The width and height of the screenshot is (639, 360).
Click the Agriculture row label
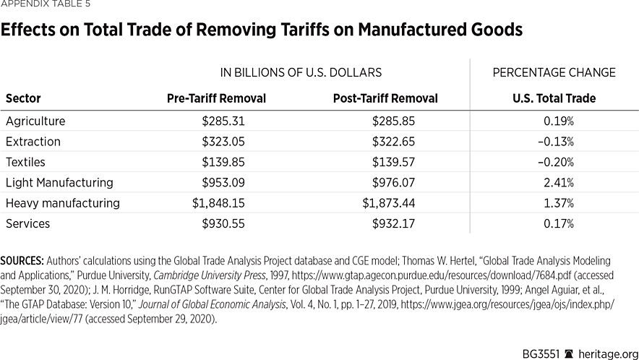(x=35, y=121)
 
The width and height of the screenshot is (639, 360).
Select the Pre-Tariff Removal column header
(x=216, y=98)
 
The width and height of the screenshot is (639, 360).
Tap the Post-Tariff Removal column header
(x=385, y=98)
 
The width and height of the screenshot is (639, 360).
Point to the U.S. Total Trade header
(x=554, y=98)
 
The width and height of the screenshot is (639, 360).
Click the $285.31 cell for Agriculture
(x=225, y=121)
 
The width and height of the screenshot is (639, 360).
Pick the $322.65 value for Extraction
(x=394, y=142)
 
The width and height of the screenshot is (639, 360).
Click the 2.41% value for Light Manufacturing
(x=558, y=183)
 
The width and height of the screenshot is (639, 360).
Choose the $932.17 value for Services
(x=394, y=224)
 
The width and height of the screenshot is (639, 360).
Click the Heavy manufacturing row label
(x=63, y=203)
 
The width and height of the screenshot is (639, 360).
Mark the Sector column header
(x=23, y=98)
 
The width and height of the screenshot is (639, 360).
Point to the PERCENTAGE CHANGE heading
(x=554, y=73)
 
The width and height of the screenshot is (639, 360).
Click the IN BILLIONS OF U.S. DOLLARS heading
(x=301, y=73)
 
